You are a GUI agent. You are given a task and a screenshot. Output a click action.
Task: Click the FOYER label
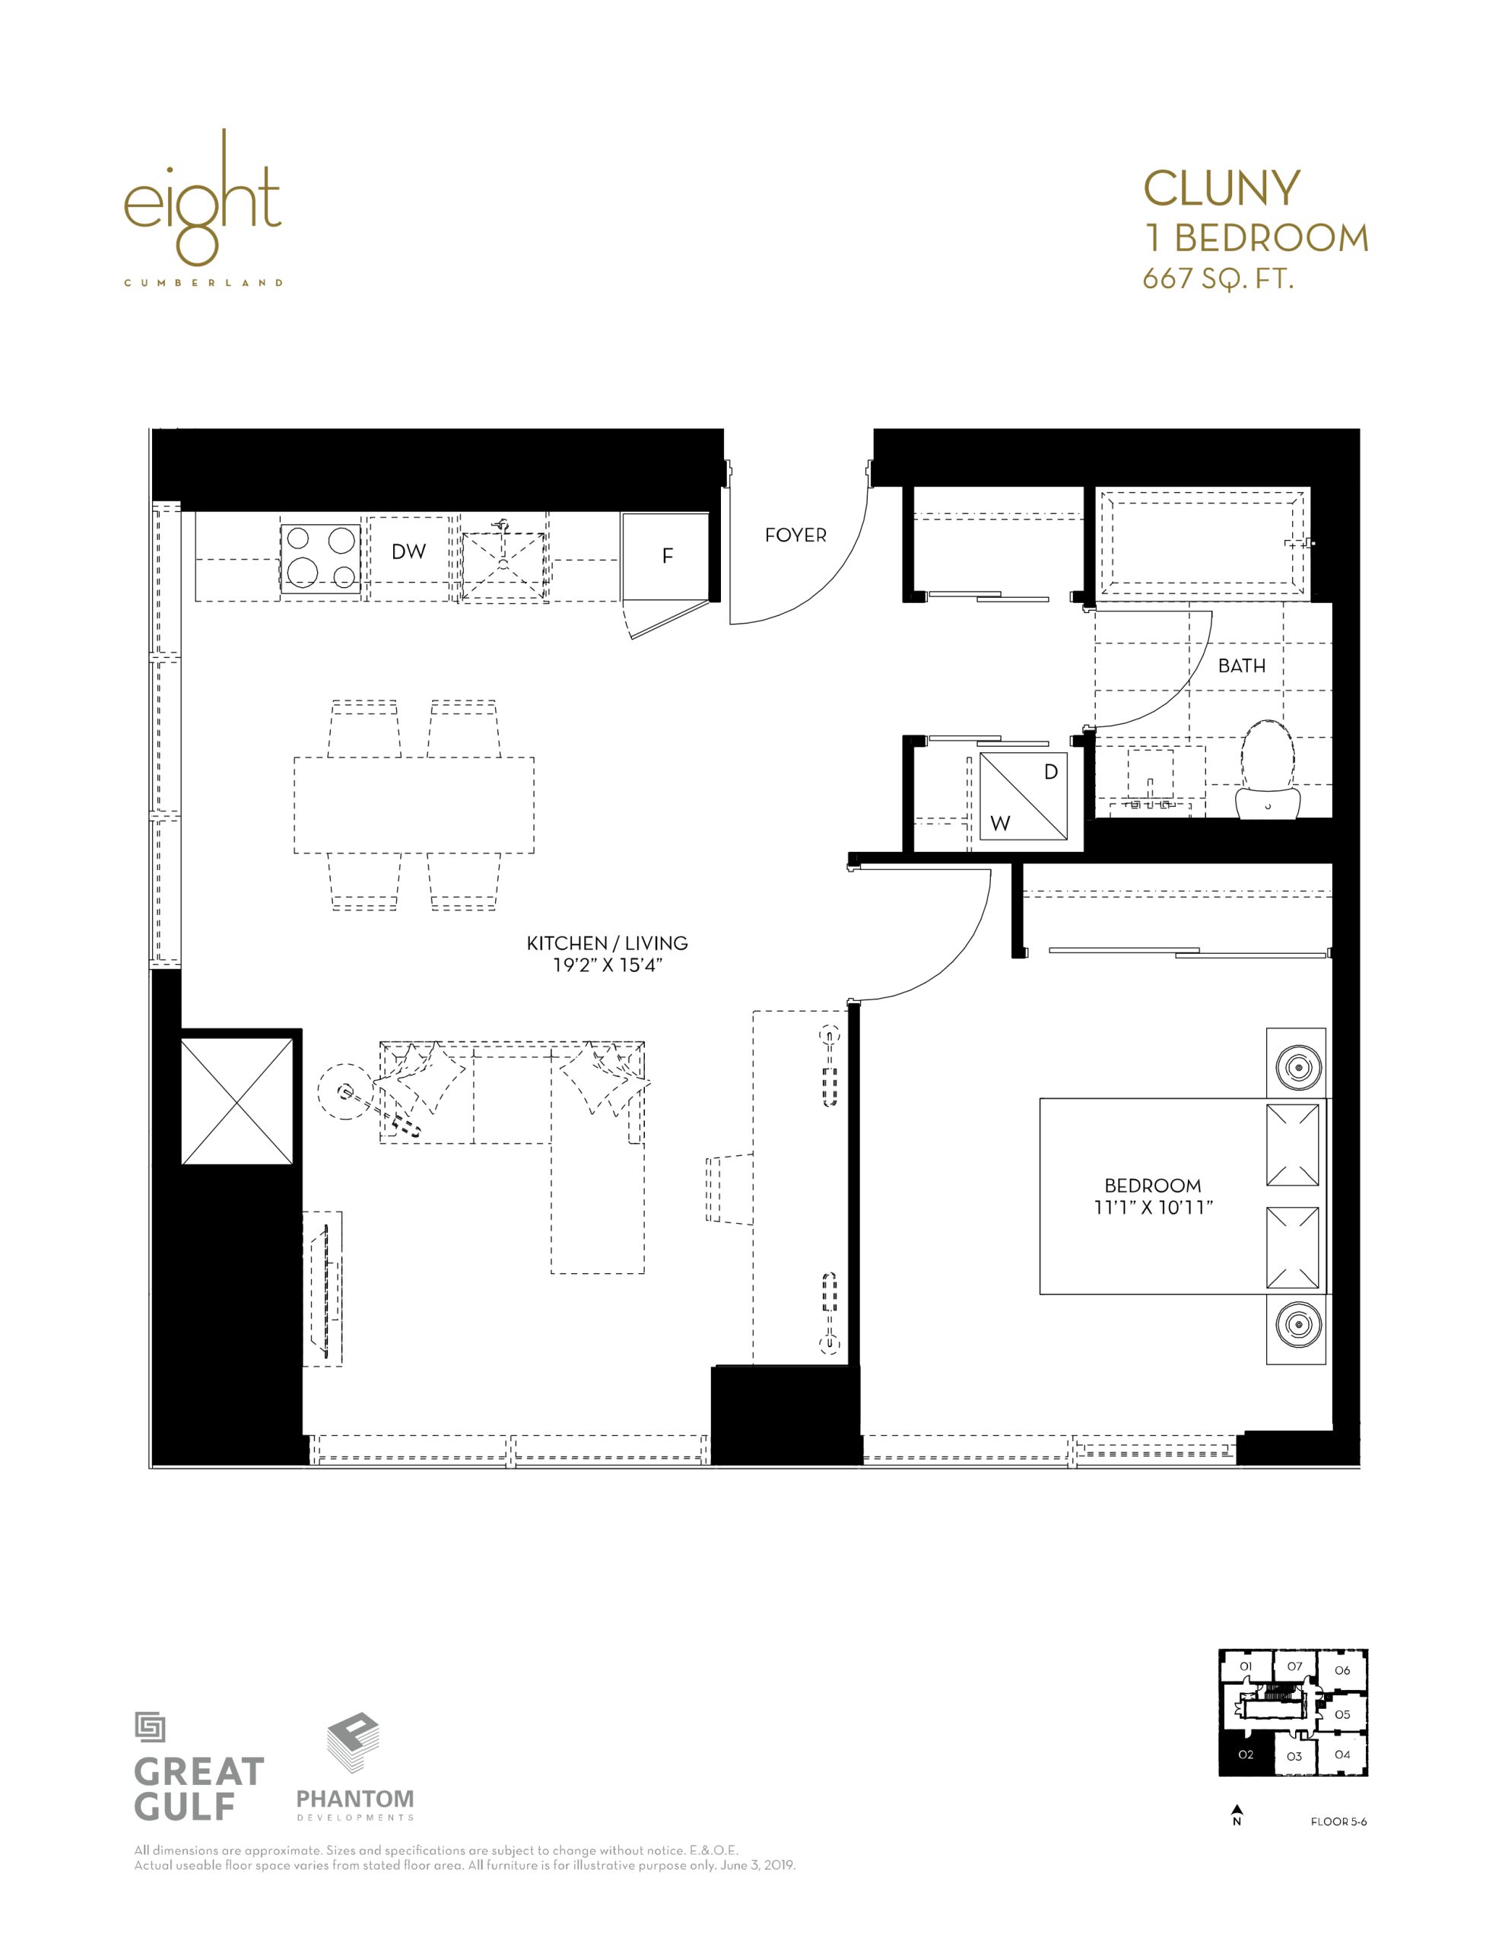click(x=795, y=535)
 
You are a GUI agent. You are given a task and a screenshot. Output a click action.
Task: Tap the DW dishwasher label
click(x=408, y=552)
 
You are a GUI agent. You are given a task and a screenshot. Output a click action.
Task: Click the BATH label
click(x=1242, y=666)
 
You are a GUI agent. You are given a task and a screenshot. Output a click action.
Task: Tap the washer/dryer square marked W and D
click(x=1024, y=796)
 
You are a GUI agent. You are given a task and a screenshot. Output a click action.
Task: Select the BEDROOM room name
click(x=1153, y=1186)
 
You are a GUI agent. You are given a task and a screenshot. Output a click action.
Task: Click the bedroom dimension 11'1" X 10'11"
click(x=1154, y=1207)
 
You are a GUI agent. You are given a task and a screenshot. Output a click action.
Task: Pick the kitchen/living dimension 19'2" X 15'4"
click(x=607, y=964)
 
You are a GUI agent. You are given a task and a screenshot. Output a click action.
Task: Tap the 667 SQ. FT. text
click(x=1218, y=279)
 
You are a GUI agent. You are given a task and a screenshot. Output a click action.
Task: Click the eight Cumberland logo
click(x=203, y=207)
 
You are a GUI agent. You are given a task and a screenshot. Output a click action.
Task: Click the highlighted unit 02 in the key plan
click(x=1246, y=1755)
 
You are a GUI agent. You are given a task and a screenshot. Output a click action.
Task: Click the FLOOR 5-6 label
click(x=1338, y=1822)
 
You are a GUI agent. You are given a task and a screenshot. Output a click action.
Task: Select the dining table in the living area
click(x=414, y=805)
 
